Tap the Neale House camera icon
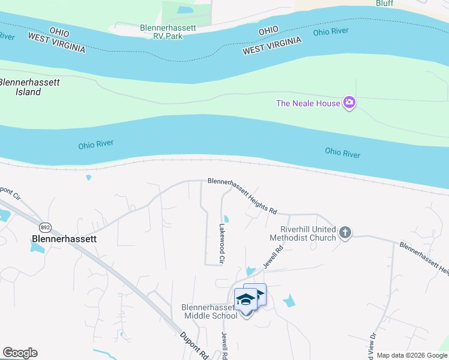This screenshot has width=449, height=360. [349, 103]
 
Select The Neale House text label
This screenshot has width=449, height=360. [308, 103]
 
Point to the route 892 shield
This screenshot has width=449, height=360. [45, 227]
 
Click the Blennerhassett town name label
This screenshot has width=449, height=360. [64, 238]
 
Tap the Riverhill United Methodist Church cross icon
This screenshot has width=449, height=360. [345, 232]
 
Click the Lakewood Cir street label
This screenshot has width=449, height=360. [221, 244]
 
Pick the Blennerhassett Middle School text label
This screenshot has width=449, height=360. [210, 311]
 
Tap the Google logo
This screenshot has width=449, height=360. [20, 353]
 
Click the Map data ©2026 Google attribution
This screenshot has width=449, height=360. [412, 355]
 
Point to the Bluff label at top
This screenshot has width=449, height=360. [385, 3]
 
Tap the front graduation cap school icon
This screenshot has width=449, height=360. [246, 299]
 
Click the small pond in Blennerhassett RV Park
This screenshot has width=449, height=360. [185, 10]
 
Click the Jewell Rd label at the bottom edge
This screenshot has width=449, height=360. [225, 347]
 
